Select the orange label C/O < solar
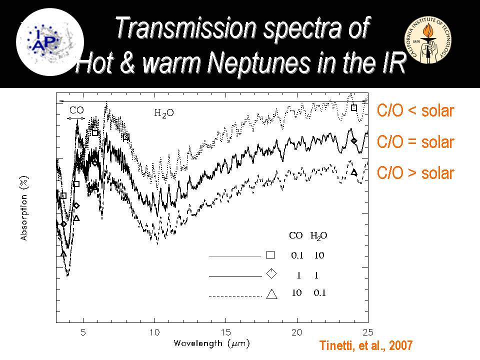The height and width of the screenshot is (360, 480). click(415, 111)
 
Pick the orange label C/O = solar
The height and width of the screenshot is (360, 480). click(415, 142)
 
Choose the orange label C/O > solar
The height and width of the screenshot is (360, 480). click(415, 173)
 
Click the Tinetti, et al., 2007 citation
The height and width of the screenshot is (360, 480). click(366, 345)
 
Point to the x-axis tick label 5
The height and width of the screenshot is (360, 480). click(83, 332)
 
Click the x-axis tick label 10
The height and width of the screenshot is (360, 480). click(154, 332)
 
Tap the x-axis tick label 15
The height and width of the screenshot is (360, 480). click(225, 332)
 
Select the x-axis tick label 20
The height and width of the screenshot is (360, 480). click(297, 332)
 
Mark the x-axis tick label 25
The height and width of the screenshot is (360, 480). click(367, 332)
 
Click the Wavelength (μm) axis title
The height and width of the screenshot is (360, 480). click(211, 343)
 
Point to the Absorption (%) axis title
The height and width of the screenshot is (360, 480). click(23, 207)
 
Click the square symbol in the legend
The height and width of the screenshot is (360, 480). click(270, 255)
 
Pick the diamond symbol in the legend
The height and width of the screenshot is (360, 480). click(271, 273)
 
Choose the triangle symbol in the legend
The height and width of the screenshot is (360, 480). click(271, 294)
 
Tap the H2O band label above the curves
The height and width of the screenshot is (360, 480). click(163, 113)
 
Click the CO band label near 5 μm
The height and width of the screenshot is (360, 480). click(76, 110)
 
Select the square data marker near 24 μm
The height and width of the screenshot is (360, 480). click(354, 107)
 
